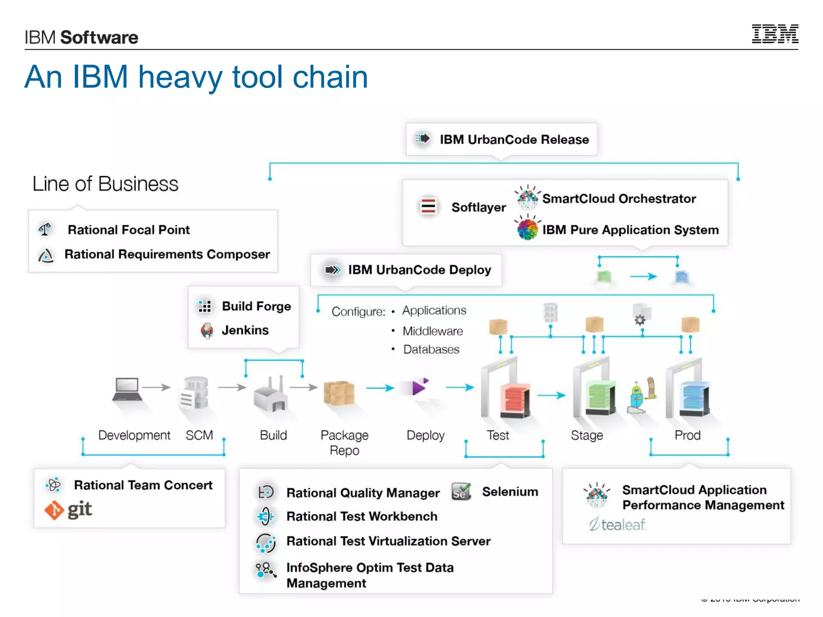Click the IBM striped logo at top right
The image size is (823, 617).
(x=775, y=34)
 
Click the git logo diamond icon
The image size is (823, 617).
(x=54, y=510)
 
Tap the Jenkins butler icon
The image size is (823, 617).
(x=207, y=330)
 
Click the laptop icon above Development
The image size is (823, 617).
(x=127, y=389)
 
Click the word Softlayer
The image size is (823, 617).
(x=478, y=207)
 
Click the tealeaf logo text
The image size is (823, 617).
(x=623, y=525)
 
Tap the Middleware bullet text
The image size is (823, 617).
(x=432, y=331)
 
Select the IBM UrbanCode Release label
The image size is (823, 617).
(x=514, y=139)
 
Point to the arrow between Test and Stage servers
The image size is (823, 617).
(x=551, y=395)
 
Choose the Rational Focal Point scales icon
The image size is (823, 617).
(x=45, y=229)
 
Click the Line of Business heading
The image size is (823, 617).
(x=105, y=184)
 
